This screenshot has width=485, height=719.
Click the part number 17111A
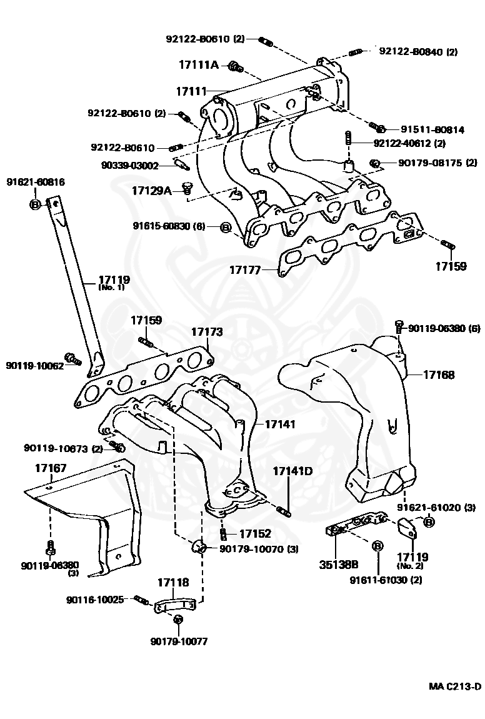coord(198,65)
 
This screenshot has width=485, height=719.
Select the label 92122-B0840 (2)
coord(417,52)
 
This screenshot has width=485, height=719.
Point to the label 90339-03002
coord(129,166)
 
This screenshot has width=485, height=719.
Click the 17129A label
coord(151,190)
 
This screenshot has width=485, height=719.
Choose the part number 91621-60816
coord(36,182)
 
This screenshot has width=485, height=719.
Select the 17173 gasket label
coord(207,332)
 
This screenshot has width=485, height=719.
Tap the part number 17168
coord(439,375)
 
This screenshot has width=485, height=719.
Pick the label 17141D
coord(292,470)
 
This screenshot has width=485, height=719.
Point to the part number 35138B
coord(337,564)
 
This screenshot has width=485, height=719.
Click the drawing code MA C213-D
coord(455,686)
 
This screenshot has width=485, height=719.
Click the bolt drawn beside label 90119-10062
coord(74,359)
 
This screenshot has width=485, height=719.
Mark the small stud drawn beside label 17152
coord(222,534)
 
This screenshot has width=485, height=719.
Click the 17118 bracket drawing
coord(176,606)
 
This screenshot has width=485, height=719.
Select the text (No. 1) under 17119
coord(112,288)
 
